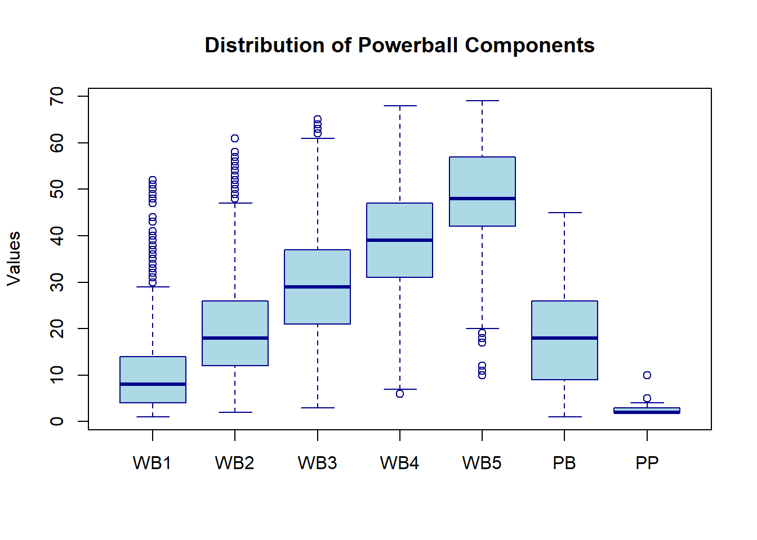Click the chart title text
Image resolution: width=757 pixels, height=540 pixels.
tap(399, 46)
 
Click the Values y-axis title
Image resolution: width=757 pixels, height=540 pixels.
tap(14, 259)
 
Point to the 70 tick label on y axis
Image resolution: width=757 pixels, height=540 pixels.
tap(57, 97)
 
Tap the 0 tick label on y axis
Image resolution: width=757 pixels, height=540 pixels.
tap(57, 421)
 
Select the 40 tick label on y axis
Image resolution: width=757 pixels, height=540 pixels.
tap(57, 236)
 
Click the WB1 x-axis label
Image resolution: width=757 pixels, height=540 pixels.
tap(152, 463)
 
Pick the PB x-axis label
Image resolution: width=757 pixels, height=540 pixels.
tap(564, 463)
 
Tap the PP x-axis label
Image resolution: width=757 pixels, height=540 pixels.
tap(647, 463)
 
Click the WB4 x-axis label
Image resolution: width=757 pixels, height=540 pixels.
tap(399, 463)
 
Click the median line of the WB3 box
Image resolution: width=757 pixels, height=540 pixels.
tap(317, 287)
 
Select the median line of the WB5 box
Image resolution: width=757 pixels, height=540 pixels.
tap(482, 199)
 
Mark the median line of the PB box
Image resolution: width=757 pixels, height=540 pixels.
tap(564, 338)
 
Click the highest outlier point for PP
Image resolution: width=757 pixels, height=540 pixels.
tap(647, 375)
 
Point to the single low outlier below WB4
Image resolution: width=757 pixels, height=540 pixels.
tap(400, 394)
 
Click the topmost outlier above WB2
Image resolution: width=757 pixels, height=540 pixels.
tap(235, 138)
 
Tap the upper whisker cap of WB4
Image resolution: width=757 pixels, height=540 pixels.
tap(400, 106)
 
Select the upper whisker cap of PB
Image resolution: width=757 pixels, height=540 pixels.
tap(564, 213)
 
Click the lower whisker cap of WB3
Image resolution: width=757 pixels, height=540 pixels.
tap(317, 408)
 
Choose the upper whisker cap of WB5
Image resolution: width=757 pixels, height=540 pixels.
tap(482, 101)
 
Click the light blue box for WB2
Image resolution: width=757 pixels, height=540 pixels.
tap(235, 321)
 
